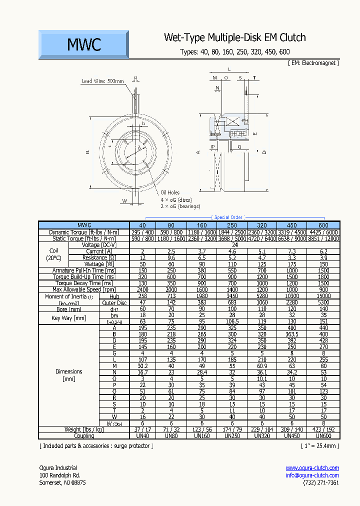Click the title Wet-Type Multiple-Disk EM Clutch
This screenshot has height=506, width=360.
point(234,38)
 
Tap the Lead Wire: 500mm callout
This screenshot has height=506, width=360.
point(102,81)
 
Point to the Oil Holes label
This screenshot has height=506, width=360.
point(170,192)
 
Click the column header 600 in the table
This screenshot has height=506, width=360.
point(323,225)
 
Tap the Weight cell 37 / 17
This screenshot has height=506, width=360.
point(142,429)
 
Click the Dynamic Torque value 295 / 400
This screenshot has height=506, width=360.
point(142,232)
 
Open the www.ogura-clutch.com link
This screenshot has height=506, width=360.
point(312,467)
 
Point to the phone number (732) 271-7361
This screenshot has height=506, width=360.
point(320,483)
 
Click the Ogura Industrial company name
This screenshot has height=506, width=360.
point(58,467)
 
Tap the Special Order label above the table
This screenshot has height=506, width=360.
point(228,217)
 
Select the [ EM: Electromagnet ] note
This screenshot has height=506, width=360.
point(313,63)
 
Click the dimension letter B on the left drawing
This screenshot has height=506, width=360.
point(87,152)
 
